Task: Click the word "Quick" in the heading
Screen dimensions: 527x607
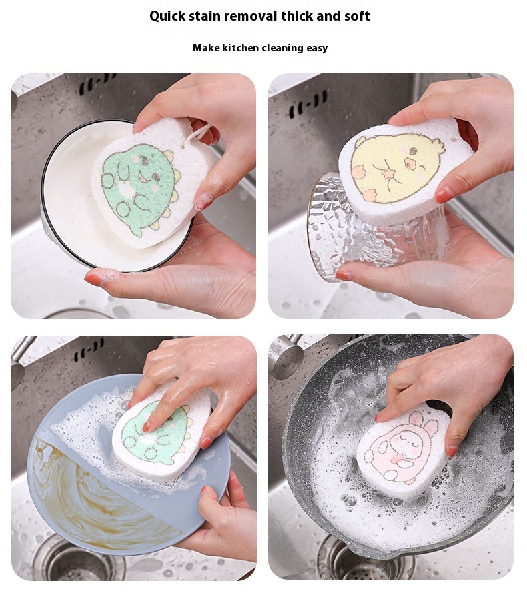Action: (167, 16)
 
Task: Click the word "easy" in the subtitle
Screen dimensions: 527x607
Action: (317, 49)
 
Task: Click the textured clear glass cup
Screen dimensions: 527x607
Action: (372, 228)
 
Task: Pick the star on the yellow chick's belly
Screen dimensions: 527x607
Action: (387, 174)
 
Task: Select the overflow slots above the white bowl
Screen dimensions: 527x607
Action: (97, 84)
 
